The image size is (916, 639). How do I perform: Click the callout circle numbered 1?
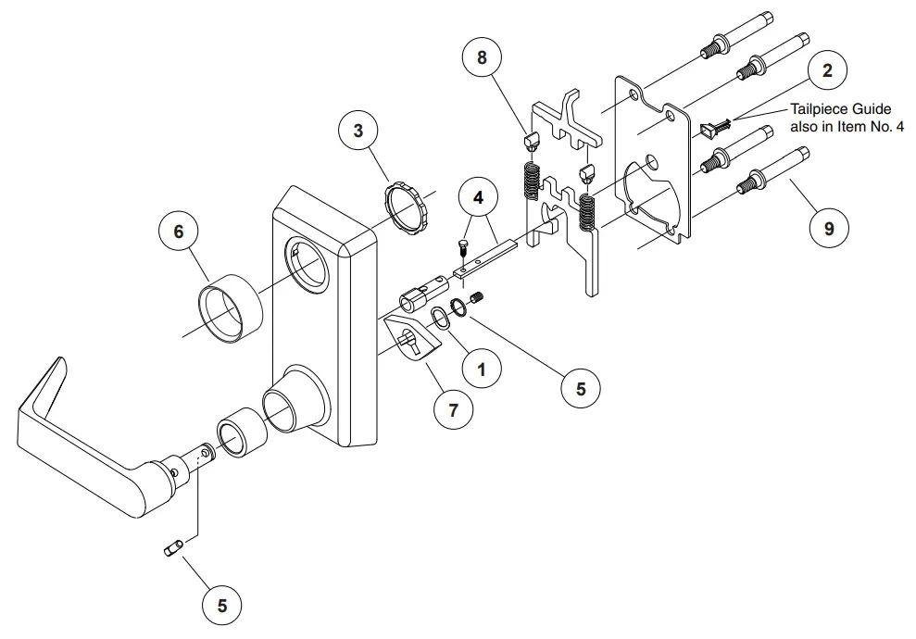[x=481, y=370]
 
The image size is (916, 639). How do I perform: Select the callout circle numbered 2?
[x=827, y=71]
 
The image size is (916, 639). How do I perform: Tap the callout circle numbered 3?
[x=358, y=131]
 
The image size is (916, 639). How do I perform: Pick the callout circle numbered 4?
[x=477, y=197]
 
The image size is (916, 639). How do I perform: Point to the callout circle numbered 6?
[x=178, y=232]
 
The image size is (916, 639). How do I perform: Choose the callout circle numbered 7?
[x=453, y=409]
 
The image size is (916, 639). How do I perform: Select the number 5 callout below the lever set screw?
[x=221, y=606]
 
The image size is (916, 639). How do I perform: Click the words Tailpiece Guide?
[x=840, y=109]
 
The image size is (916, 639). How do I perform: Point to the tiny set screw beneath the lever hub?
[x=172, y=551]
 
